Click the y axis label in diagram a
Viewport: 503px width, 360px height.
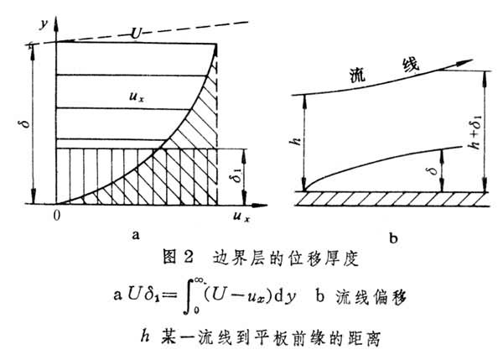pos(44,23)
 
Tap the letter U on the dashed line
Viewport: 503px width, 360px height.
pos(137,33)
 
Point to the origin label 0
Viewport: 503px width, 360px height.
pos(57,216)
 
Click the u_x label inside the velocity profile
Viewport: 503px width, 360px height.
pos(137,97)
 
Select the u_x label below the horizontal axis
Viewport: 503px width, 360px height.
pos(241,217)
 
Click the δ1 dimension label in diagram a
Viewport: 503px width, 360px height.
pos(236,175)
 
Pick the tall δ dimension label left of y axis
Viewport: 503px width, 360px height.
pos(26,123)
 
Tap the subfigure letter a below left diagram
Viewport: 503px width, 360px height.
pos(136,236)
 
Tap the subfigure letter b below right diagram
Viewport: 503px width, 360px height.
pos(393,238)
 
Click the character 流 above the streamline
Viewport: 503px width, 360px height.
pos(357,76)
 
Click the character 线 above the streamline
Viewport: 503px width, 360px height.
pos(411,65)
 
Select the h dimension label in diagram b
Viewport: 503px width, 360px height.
pos(297,141)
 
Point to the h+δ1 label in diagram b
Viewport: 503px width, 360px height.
pos(474,132)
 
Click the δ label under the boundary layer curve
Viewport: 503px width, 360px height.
pos(433,170)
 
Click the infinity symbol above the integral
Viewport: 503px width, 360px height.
pos(199,280)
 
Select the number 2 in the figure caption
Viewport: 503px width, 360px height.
pos(189,257)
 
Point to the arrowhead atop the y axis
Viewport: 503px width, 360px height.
pos(56,23)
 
